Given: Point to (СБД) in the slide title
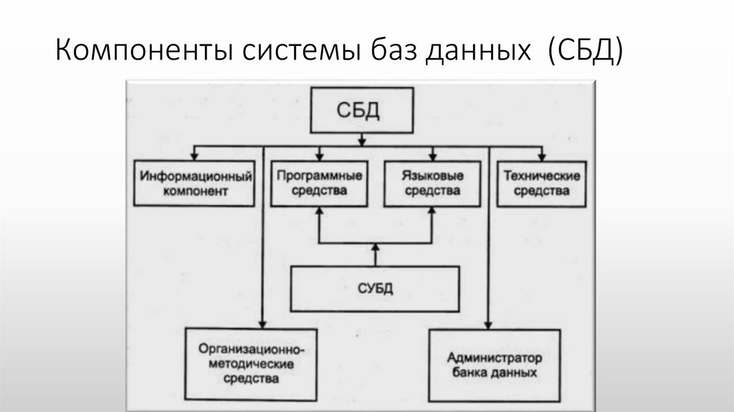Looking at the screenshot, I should pos(585,52).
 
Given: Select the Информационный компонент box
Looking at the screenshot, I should pos(195,183).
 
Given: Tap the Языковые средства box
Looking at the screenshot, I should pos(432,182).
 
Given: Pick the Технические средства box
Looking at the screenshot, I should pos(541,182).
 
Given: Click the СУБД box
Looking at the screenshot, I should pos(375,289).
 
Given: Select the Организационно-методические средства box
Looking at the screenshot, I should pos(251,364).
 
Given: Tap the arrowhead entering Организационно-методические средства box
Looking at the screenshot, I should pos(264,323).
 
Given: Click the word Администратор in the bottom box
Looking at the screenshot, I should pos(494,357).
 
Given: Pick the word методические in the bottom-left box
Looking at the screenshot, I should pos(252,364).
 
